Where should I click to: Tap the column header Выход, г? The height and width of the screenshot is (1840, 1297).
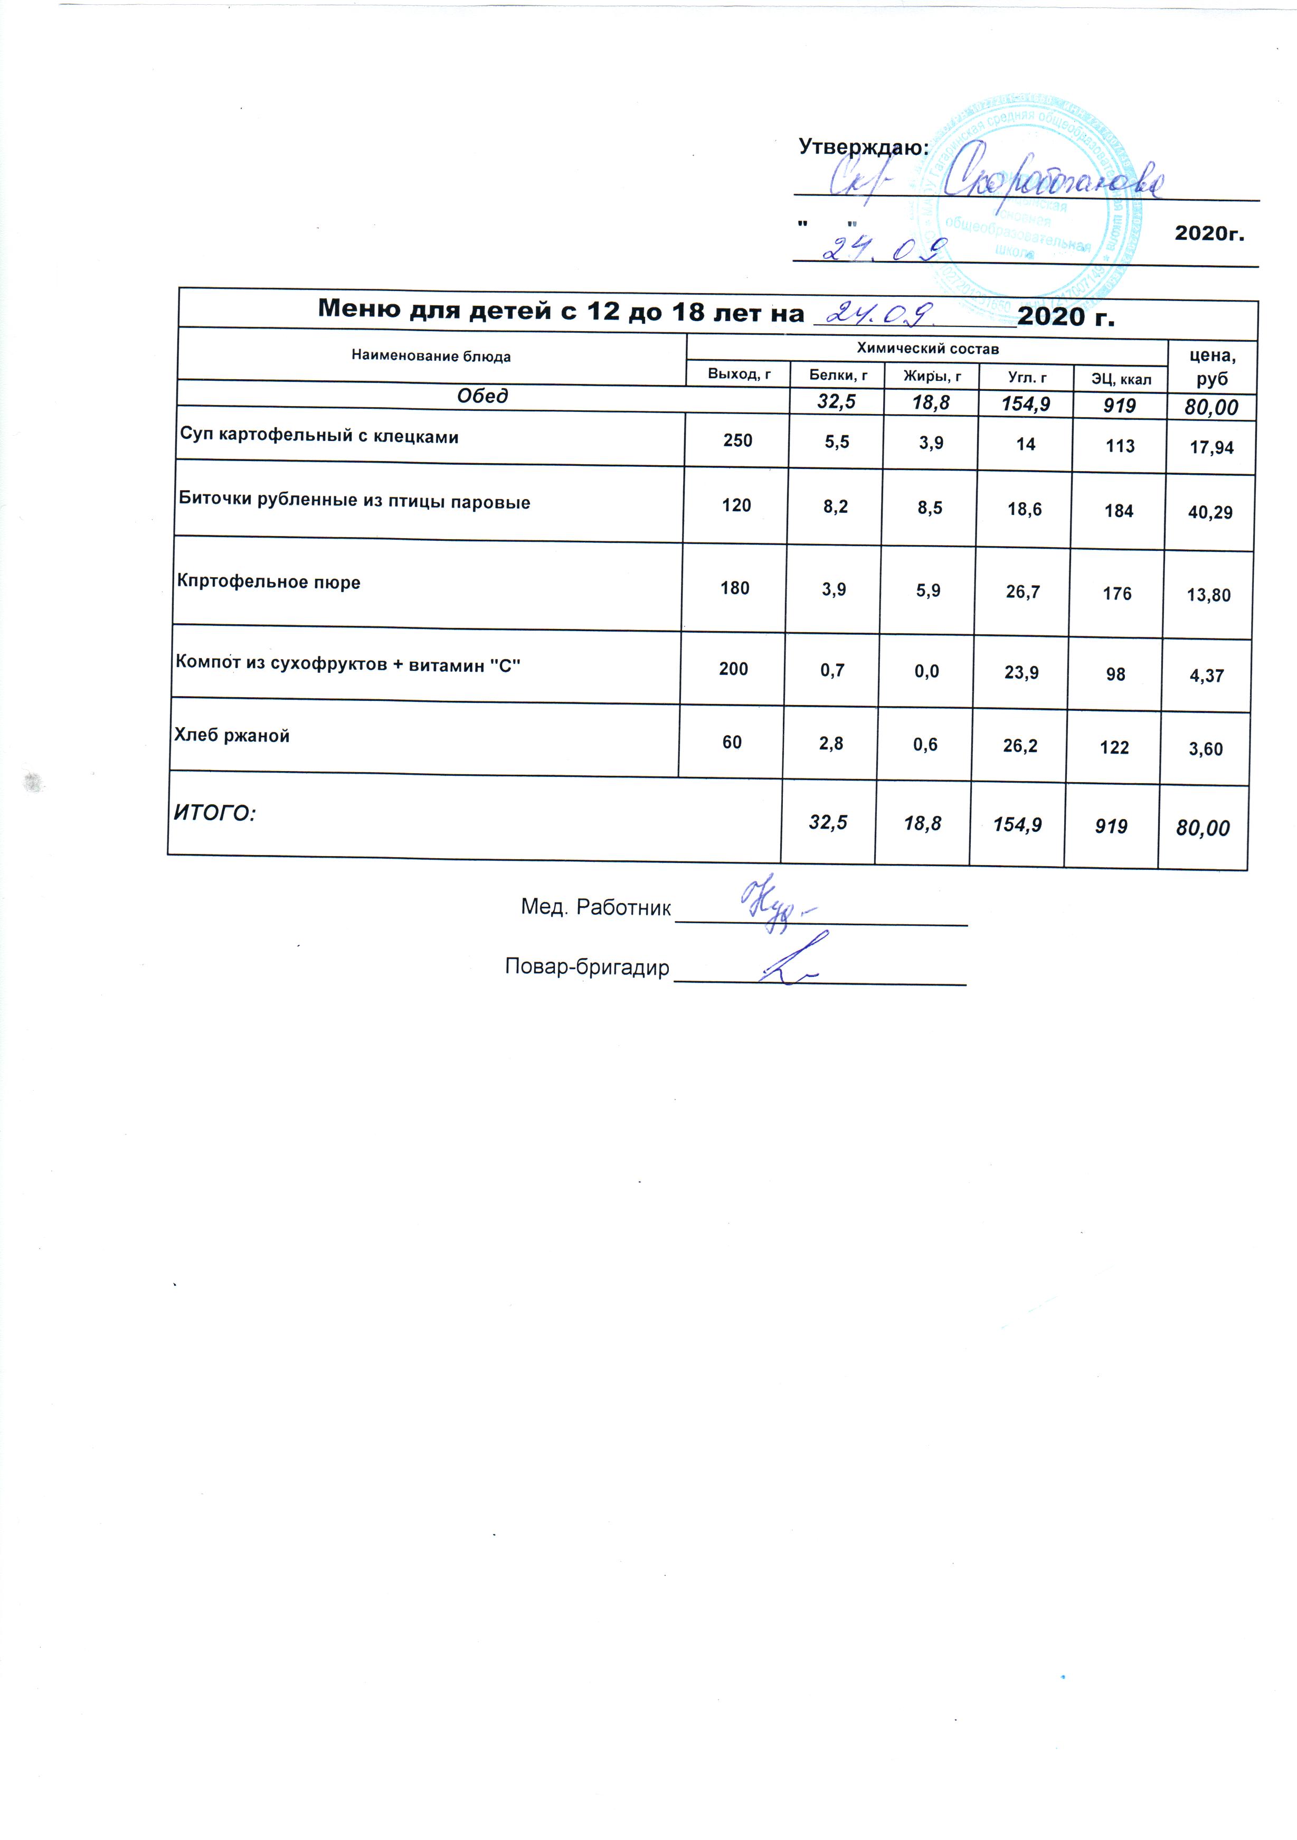point(739,373)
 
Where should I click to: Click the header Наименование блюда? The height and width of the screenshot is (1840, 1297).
point(431,356)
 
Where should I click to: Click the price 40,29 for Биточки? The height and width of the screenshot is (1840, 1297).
point(1210,513)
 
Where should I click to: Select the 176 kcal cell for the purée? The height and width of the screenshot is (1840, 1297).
point(1117,594)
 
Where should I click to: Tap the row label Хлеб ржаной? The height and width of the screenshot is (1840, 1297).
point(232,736)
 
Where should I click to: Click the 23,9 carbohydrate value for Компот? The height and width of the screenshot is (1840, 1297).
point(1021,672)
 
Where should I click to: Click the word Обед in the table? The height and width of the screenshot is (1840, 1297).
point(482,396)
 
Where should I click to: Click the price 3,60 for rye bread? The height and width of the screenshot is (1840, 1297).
point(1206,749)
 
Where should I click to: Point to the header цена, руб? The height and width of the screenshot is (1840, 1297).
point(1211,367)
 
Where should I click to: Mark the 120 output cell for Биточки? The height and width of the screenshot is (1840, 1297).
point(736,505)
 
